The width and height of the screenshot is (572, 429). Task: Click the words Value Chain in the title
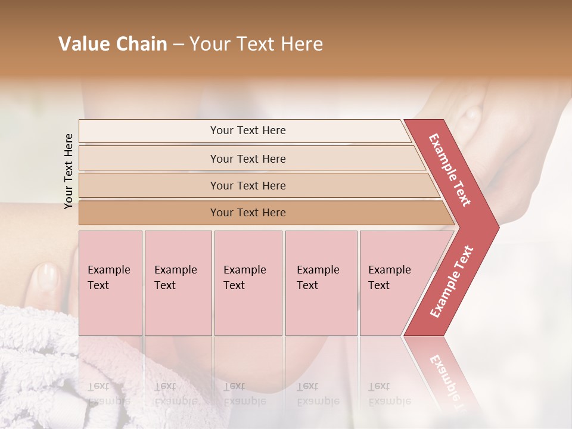coord(113,44)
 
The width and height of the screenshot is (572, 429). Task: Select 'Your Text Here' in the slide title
coord(256,44)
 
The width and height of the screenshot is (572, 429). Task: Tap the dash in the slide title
coord(178,45)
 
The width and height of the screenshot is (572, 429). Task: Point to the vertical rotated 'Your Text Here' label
coord(69,171)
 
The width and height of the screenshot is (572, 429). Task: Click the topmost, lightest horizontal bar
coord(244,130)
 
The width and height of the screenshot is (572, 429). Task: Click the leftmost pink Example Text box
coord(110,282)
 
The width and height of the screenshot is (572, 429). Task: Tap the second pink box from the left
coord(178,282)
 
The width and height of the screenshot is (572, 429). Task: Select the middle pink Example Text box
coord(248,282)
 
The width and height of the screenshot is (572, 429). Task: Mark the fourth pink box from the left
coord(321,282)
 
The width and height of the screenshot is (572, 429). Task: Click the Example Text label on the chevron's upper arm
coord(450,169)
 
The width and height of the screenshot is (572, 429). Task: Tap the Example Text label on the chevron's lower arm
coord(452,282)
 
